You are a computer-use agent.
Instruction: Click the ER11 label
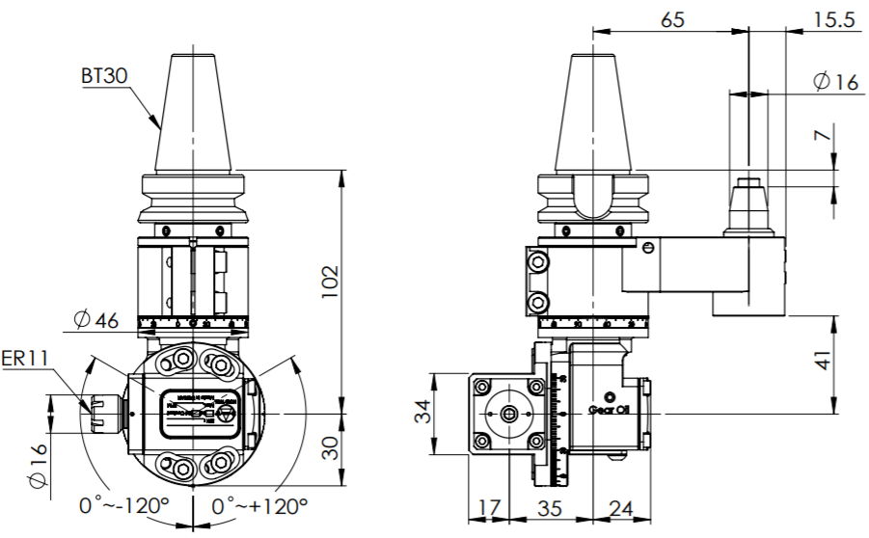coord(26,359)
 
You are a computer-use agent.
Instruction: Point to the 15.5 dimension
coord(834,19)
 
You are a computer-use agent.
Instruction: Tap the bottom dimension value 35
coord(550,505)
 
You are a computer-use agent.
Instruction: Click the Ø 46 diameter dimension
coord(95,319)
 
